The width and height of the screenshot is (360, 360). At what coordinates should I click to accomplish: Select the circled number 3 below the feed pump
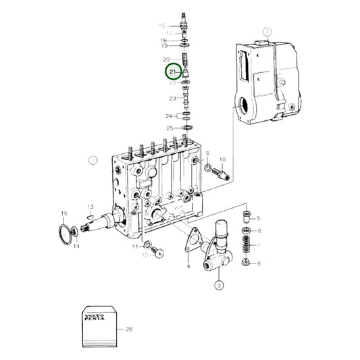pos(219,286)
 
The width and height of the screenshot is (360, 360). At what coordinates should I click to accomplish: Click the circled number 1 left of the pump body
pos(93,160)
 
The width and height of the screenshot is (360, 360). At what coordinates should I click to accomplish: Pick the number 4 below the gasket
pos(188,267)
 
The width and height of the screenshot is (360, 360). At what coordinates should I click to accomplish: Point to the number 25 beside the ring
pos(170,128)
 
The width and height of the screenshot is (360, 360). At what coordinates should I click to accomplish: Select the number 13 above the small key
pos(90,206)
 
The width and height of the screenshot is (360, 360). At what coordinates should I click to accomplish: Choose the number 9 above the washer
pos(207,154)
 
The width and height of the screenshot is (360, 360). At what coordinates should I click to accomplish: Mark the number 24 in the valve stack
pos(170,115)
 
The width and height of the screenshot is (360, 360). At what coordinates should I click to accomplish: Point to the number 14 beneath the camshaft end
pos(76,247)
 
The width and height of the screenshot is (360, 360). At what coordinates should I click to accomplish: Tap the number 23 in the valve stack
pos(173,98)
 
